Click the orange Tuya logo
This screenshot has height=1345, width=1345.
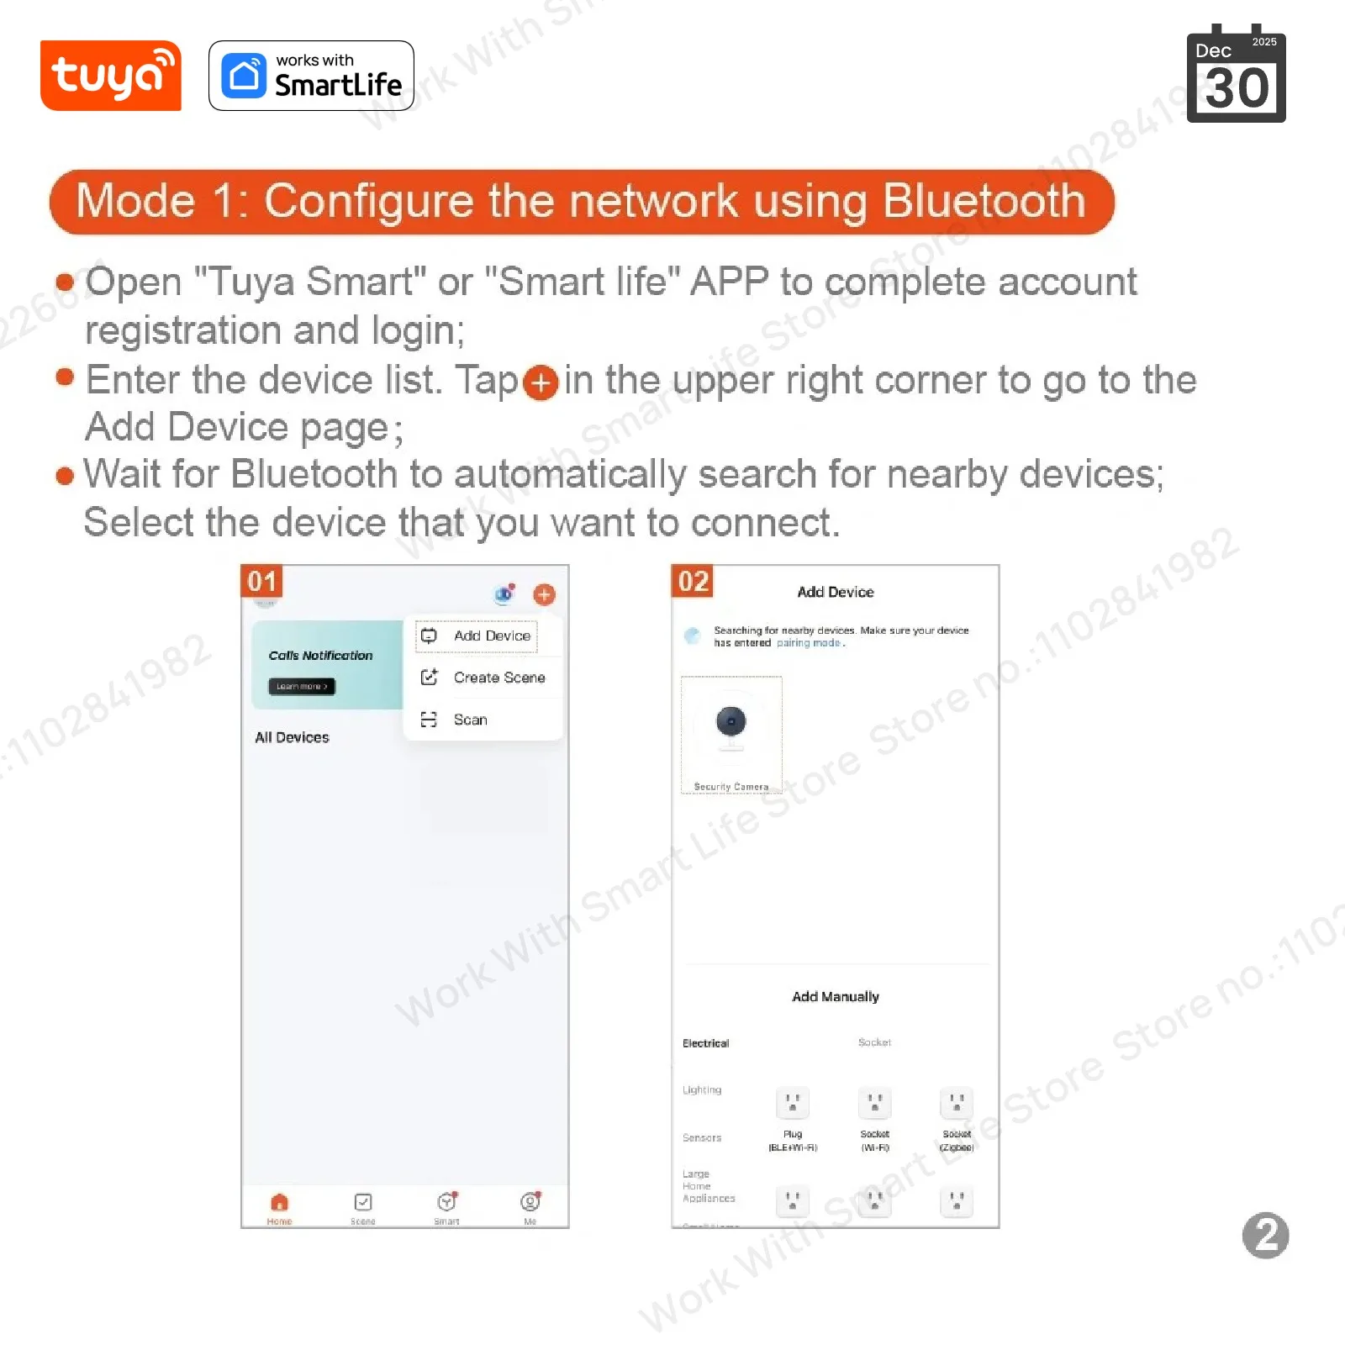pyautogui.click(x=110, y=76)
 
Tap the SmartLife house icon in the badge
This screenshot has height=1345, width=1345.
pyautogui.click(x=244, y=76)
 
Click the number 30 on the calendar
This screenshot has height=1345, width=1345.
pyautogui.click(x=1236, y=88)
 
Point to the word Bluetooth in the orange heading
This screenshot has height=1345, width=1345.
pyautogui.click(x=984, y=202)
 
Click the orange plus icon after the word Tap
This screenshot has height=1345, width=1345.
pyautogui.click(x=541, y=382)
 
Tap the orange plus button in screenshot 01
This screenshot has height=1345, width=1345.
pyautogui.click(x=544, y=595)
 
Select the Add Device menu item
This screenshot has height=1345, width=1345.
pyautogui.click(x=491, y=636)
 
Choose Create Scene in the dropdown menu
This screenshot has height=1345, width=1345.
pyautogui.click(x=498, y=678)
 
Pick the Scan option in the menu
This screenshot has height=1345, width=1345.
pyautogui.click(x=470, y=720)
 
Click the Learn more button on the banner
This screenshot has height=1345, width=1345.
pyautogui.click(x=302, y=687)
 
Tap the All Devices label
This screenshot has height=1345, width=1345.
pyautogui.click(x=292, y=737)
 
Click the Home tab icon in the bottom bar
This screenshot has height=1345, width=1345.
pyautogui.click(x=280, y=1202)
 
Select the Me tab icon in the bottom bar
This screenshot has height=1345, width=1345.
pyautogui.click(x=530, y=1202)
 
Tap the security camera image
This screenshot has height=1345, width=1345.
pyautogui.click(x=731, y=725)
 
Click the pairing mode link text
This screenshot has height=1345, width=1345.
pyautogui.click(x=808, y=643)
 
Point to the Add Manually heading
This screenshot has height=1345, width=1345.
pyautogui.click(x=835, y=996)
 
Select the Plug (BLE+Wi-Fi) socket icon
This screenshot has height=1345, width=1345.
pyautogui.click(x=792, y=1102)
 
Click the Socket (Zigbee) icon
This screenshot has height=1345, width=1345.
pyautogui.click(x=956, y=1102)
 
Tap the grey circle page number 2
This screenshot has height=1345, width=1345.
pyautogui.click(x=1265, y=1235)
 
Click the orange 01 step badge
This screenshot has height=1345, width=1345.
pyautogui.click(x=261, y=581)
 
